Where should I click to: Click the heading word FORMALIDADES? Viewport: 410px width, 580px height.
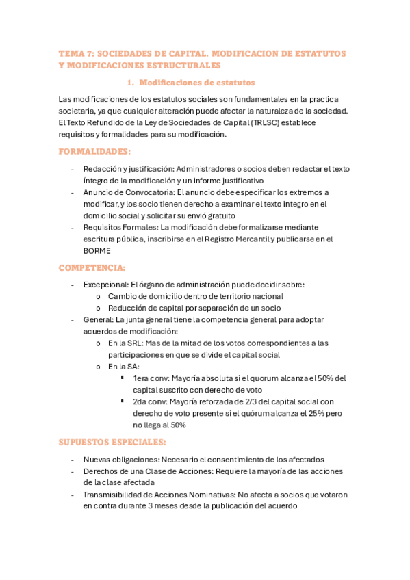[x=94, y=150]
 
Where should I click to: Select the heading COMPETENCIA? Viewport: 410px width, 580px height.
[x=92, y=267]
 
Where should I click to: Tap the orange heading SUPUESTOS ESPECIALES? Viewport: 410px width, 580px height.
[x=112, y=442]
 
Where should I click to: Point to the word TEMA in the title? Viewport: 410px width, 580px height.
[x=70, y=53]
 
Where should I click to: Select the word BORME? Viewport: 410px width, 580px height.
[x=97, y=251]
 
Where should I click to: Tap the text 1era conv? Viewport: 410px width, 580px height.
[x=150, y=378]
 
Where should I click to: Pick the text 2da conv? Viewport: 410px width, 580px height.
[x=150, y=401]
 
